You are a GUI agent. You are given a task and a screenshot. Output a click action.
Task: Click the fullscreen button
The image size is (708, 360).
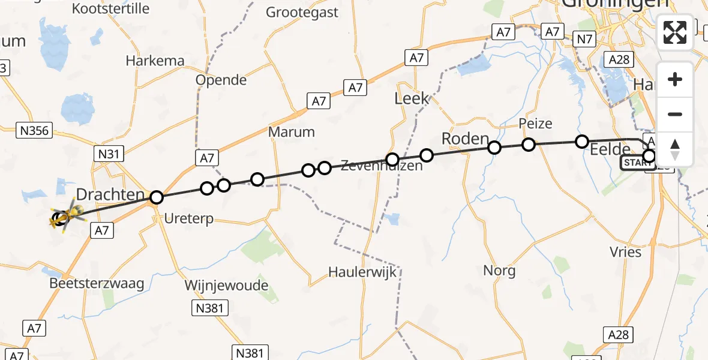[x=675, y=32]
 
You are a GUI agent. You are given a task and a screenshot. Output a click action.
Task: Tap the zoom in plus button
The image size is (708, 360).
[x=675, y=79]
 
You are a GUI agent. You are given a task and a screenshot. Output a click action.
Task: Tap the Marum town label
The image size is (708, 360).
[x=292, y=132]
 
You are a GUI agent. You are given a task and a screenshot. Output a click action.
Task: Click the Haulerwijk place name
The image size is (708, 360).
[x=363, y=272]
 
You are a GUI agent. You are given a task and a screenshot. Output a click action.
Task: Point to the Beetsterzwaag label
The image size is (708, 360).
[x=97, y=284]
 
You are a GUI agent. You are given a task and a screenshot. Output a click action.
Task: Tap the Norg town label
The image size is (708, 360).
[x=499, y=271]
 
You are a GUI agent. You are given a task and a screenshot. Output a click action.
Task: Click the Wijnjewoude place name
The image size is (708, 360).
[x=226, y=285]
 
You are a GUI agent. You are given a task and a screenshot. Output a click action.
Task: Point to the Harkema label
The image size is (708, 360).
[x=153, y=61]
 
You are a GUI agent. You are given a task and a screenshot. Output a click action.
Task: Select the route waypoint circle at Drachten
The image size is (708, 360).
[x=157, y=197]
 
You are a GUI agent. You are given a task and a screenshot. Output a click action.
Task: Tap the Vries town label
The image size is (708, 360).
[x=625, y=252]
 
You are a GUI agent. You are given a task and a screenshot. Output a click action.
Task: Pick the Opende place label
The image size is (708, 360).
[x=221, y=80]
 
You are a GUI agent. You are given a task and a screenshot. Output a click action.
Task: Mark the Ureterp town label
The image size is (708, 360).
[x=190, y=220]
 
